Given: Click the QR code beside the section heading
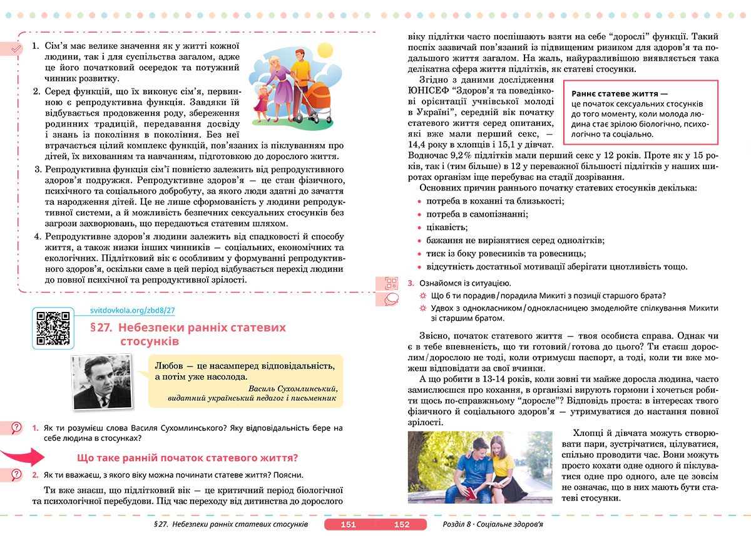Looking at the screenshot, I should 54,328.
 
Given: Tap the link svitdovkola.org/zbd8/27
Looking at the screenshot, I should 132,311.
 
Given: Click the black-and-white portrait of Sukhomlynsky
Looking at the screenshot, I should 101,382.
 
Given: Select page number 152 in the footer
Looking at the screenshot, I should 401,524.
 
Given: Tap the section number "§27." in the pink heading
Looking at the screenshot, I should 101,328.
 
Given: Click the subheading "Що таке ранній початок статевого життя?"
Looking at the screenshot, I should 186,457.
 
